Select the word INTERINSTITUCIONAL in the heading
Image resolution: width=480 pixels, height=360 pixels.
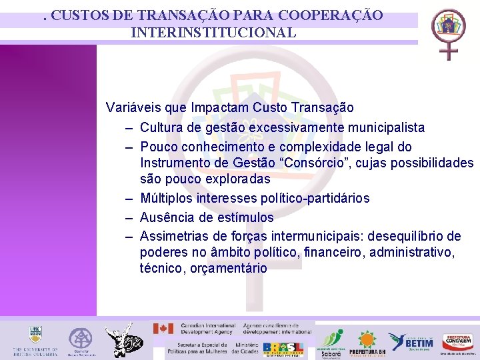coord(213,32)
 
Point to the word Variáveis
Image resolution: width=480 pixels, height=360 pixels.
coord(131,107)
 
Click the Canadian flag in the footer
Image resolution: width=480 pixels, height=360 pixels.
coord(163,329)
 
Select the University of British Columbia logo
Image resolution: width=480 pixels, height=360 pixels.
coord(35,340)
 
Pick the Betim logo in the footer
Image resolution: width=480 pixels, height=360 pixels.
coord(411,341)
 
